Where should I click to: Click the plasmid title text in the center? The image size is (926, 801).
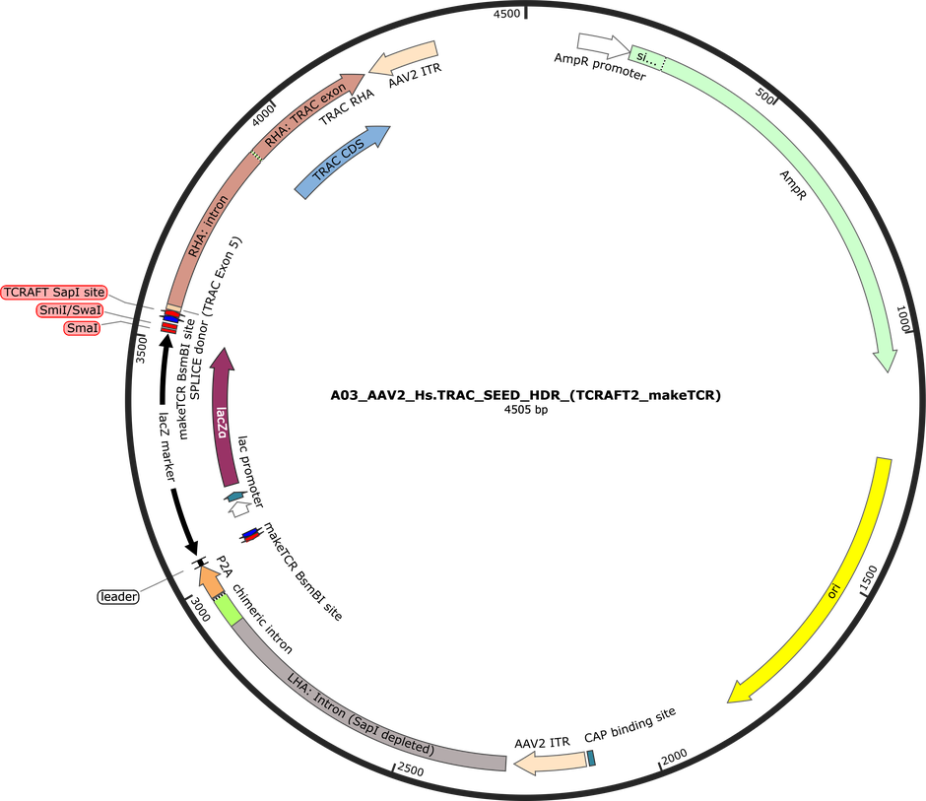coord(526,395)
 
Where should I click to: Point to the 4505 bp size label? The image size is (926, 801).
coord(526,409)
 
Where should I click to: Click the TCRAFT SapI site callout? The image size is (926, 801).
coord(54,293)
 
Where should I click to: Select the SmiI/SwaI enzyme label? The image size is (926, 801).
coord(70,310)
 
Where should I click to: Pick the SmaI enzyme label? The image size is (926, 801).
coord(82,328)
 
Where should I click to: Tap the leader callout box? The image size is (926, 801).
coord(118,597)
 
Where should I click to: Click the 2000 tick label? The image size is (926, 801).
coord(675,757)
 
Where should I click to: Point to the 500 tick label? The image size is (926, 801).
coord(764,96)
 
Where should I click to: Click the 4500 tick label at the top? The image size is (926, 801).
coord(506,14)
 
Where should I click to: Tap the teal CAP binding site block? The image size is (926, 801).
coord(591,758)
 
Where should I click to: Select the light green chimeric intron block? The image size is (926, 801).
coord(228,610)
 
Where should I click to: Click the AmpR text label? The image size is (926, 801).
coord(793,185)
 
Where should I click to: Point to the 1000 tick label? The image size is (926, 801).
coord(904,319)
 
